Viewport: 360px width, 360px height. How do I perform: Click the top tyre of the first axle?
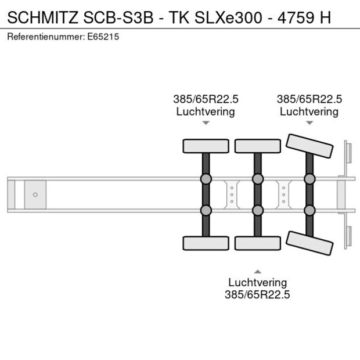coord(206,146)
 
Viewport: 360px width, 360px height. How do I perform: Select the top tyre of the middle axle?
coord(257,146)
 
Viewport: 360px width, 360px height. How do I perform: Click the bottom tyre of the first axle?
coord(206,243)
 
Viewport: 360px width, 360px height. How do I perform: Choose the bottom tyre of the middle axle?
coord(257,243)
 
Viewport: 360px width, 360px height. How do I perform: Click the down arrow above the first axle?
coord(206,123)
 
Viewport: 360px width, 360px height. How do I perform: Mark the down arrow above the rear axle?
coord(309,123)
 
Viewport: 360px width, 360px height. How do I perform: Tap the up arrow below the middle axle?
coord(257,271)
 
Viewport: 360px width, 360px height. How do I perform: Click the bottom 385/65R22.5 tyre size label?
coord(257,294)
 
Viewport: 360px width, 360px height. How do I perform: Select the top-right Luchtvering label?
coord(309,111)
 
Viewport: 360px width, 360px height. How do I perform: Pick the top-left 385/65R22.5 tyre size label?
coord(206,99)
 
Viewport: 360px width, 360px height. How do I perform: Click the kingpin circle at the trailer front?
coord(35,195)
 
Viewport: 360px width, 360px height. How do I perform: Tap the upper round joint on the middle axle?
coord(257,178)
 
